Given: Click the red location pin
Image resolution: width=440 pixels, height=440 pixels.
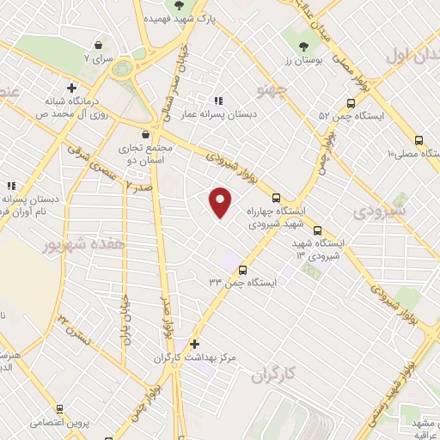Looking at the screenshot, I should [221, 202].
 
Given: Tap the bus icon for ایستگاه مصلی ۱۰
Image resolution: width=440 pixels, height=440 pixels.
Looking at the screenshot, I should [419, 140].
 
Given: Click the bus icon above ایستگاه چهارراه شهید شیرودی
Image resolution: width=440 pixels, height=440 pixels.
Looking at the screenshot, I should [276, 197].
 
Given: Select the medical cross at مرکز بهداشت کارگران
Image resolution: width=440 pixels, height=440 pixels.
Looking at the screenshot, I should [195, 344].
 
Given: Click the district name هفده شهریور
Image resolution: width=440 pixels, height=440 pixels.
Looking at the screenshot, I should [83, 245].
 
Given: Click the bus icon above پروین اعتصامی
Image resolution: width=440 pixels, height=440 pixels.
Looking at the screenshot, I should [58, 409].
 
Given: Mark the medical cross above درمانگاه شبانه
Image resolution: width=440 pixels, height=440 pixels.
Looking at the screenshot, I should [71, 87].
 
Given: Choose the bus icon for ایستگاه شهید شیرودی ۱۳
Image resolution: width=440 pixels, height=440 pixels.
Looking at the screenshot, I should [317, 230].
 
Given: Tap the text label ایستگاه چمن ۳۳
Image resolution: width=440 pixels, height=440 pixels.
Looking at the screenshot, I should [232, 282].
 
